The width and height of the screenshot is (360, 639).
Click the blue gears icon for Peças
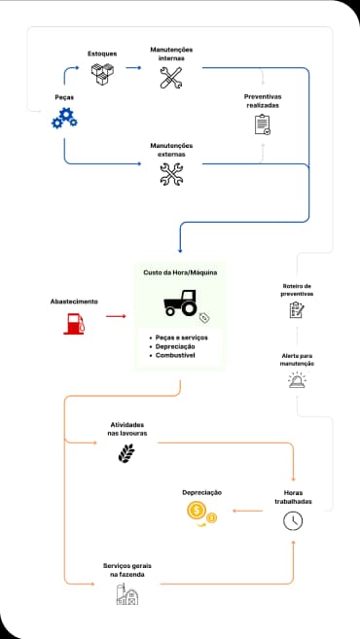(x=64, y=119)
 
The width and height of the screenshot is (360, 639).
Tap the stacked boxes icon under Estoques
(x=102, y=74)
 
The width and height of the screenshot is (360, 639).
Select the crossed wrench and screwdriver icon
(x=171, y=79)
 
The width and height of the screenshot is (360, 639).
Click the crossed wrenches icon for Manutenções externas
(x=171, y=173)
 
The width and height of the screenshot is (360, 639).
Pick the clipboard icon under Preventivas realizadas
(x=262, y=124)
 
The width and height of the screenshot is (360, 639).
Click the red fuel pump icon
(x=74, y=323)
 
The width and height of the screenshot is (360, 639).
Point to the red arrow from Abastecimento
(x=116, y=316)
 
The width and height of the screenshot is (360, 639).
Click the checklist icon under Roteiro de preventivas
(x=297, y=310)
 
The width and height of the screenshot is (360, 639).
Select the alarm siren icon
(x=297, y=380)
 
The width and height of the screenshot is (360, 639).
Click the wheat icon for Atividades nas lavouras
(x=126, y=453)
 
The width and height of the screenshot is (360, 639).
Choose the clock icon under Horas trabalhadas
(x=293, y=520)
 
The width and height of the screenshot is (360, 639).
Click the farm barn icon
(x=126, y=595)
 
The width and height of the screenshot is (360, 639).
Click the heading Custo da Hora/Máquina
(x=180, y=272)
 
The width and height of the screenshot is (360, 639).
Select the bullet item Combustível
(x=175, y=356)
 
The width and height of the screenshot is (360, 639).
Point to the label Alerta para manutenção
(x=297, y=361)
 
